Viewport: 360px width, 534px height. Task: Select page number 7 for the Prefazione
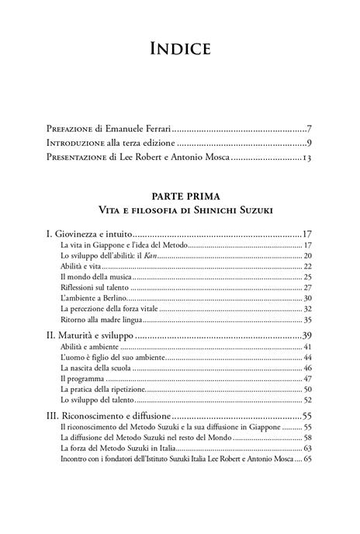click(308, 128)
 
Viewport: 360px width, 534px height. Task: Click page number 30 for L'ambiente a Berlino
click(307, 298)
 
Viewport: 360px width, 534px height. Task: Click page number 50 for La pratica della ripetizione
click(307, 389)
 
